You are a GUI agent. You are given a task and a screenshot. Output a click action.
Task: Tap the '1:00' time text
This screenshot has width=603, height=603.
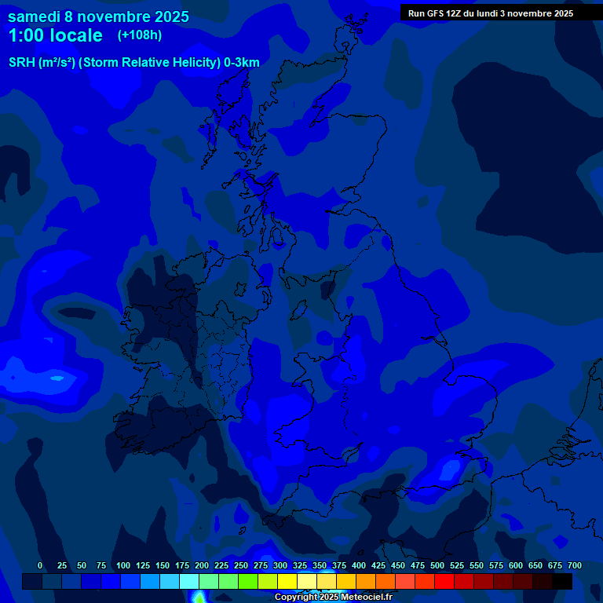coord(26,35)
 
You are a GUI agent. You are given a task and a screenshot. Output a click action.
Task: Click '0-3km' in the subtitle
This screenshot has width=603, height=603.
coord(242,63)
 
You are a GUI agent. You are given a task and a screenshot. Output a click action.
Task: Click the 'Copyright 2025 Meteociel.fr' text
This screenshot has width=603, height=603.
coord(333,597)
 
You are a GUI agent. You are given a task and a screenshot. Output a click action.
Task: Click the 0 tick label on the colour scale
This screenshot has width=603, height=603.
coord(40,565)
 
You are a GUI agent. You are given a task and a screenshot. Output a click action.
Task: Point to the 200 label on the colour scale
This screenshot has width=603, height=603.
coord(202,565)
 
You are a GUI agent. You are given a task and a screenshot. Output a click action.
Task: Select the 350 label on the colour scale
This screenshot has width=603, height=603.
coord(320,565)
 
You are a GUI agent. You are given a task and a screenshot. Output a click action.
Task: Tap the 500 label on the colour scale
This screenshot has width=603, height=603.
coord(437,565)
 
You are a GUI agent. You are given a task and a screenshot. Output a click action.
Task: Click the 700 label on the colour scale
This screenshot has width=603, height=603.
coord(575,565)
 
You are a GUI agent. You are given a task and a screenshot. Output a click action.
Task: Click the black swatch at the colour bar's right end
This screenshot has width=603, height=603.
coord(562,581)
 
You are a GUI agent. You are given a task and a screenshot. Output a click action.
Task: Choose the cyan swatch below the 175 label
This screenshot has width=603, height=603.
coord(189,581)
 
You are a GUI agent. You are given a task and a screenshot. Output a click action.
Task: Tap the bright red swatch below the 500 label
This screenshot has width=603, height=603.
coord(444,581)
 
